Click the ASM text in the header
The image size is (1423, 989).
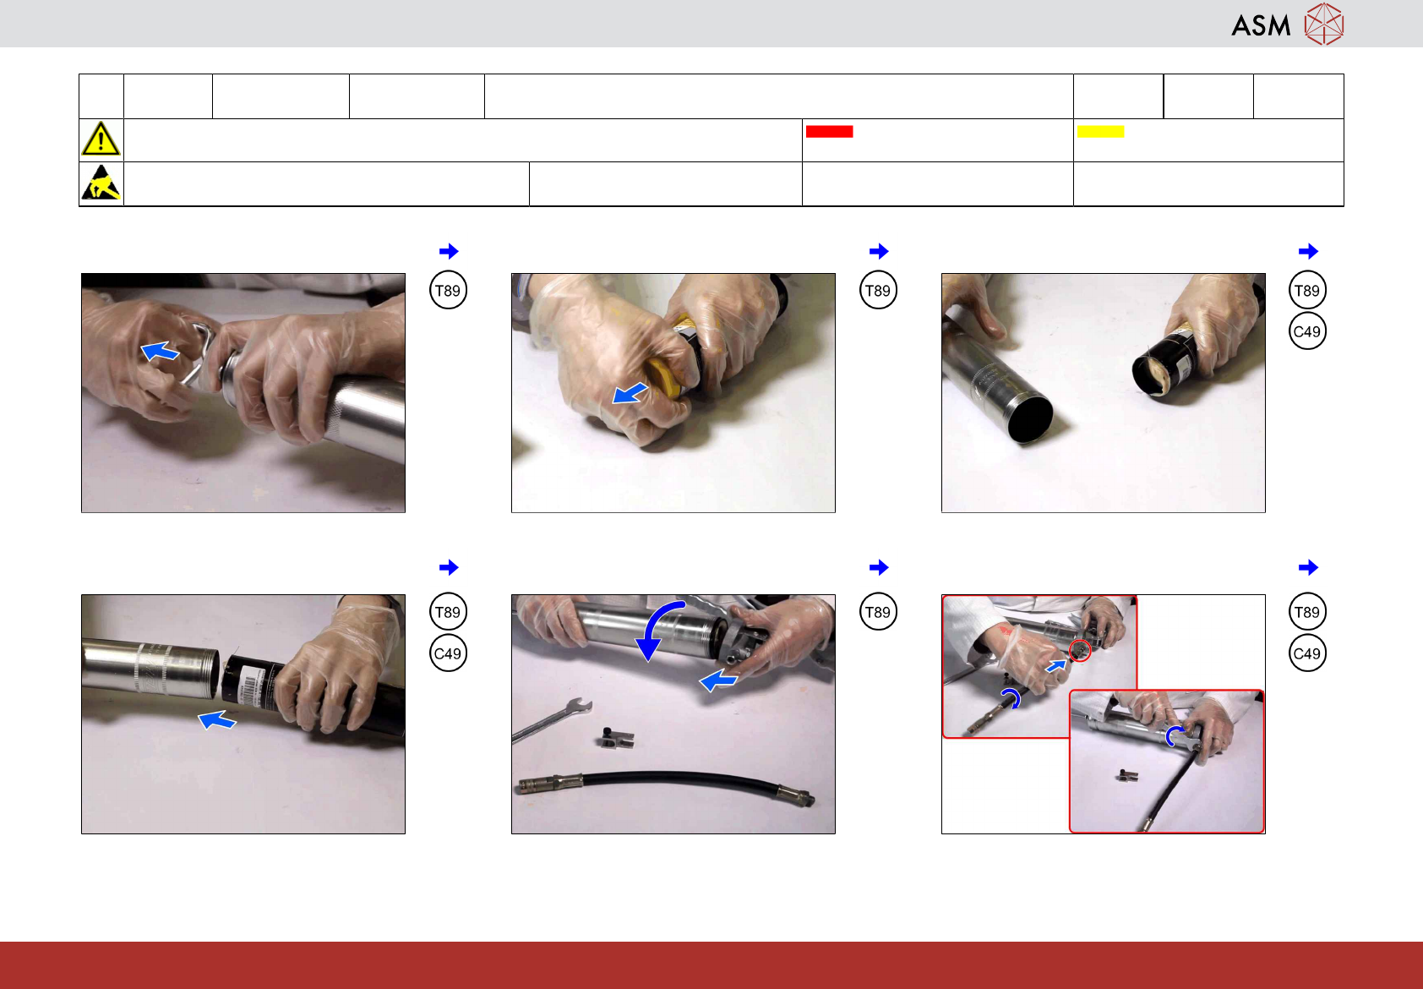pyautogui.click(x=1261, y=25)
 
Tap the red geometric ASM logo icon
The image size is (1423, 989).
pyautogui.click(x=1324, y=24)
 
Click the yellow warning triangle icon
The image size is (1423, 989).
pyautogui.click(x=101, y=139)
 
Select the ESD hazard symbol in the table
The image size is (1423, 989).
pyautogui.click(x=101, y=183)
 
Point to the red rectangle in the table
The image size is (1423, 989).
pyautogui.click(x=829, y=132)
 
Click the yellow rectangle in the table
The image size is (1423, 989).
pyautogui.click(x=1100, y=132)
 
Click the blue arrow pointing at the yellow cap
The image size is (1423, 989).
pyautogui.click(x=630, y=393)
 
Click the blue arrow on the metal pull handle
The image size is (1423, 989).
pyautogui.click(x=160, y=351)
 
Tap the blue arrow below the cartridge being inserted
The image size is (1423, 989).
pyautogui.click(x=216, y=720)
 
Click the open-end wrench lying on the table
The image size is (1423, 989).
pyautogui.click(x=552, y=719)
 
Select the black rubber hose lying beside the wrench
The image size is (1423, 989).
pyautogui.click(x=667, y=784)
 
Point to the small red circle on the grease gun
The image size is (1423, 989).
pyautogui.click(x=1079, y=650)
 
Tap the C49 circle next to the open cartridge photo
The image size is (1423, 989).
pyautogui.click(x=1307, y=331)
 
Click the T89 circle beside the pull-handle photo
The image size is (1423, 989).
pyautogui.click(x=448, y=291)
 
